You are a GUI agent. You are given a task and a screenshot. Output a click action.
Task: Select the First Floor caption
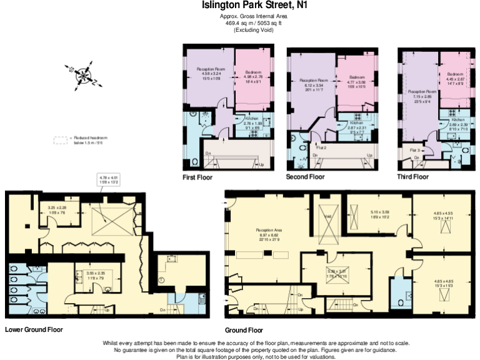(197, 177)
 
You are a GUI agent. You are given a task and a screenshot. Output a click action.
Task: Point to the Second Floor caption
(305, 177)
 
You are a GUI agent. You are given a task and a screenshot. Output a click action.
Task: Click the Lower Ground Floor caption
(34, 329)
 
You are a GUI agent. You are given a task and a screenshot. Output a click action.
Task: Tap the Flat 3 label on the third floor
(414, 151)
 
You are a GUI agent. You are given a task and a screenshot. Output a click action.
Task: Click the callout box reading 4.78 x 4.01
(109, 180)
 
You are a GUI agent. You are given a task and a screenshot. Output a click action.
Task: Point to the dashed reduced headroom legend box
(61, 140)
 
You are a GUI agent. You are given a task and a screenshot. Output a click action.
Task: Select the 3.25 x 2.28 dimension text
(57, 208)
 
